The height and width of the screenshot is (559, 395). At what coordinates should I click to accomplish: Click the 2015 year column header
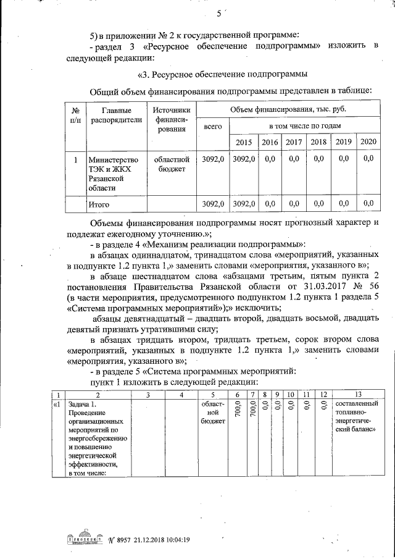click(244, 143)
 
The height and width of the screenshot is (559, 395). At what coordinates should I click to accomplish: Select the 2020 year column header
click(368, 142)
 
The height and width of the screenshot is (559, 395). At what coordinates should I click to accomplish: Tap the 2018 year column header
click(318, 143)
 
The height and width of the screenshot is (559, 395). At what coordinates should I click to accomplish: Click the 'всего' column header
click(212, 126)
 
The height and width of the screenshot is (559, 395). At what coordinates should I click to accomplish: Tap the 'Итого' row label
click(99, 203)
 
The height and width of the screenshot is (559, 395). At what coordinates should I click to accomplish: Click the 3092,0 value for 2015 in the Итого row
click(244, 203)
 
